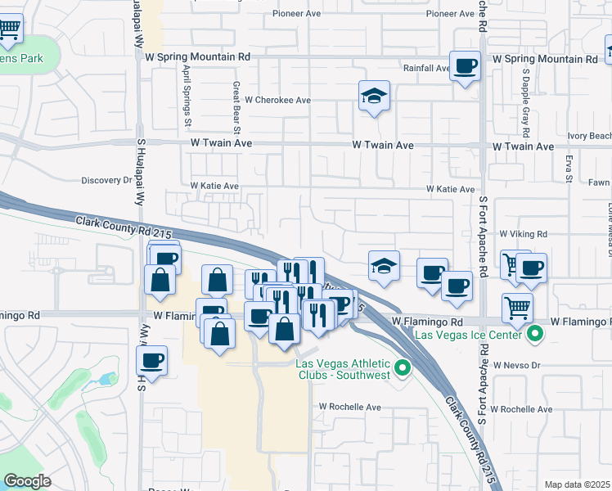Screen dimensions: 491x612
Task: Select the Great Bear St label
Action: (236, 107)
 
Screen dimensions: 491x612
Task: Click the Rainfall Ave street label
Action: (425, 69)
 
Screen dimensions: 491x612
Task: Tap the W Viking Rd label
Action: (523, 234)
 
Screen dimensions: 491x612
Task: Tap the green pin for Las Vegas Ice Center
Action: (535, 334)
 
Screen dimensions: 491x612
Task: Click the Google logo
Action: (28, 480)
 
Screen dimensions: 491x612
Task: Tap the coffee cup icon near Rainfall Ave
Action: (466, 66)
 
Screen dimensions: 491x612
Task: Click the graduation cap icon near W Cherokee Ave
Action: (374, 96)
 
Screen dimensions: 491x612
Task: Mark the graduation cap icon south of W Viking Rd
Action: (384, 265)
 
